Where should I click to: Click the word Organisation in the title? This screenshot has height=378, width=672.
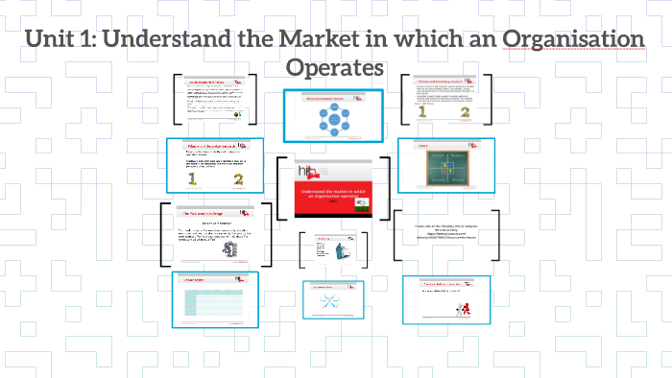point(576,41)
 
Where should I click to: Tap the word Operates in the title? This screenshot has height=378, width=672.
point(336,68)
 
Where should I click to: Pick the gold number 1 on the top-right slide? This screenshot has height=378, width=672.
point(422,113)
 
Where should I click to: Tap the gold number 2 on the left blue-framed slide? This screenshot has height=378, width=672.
point(238,178)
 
